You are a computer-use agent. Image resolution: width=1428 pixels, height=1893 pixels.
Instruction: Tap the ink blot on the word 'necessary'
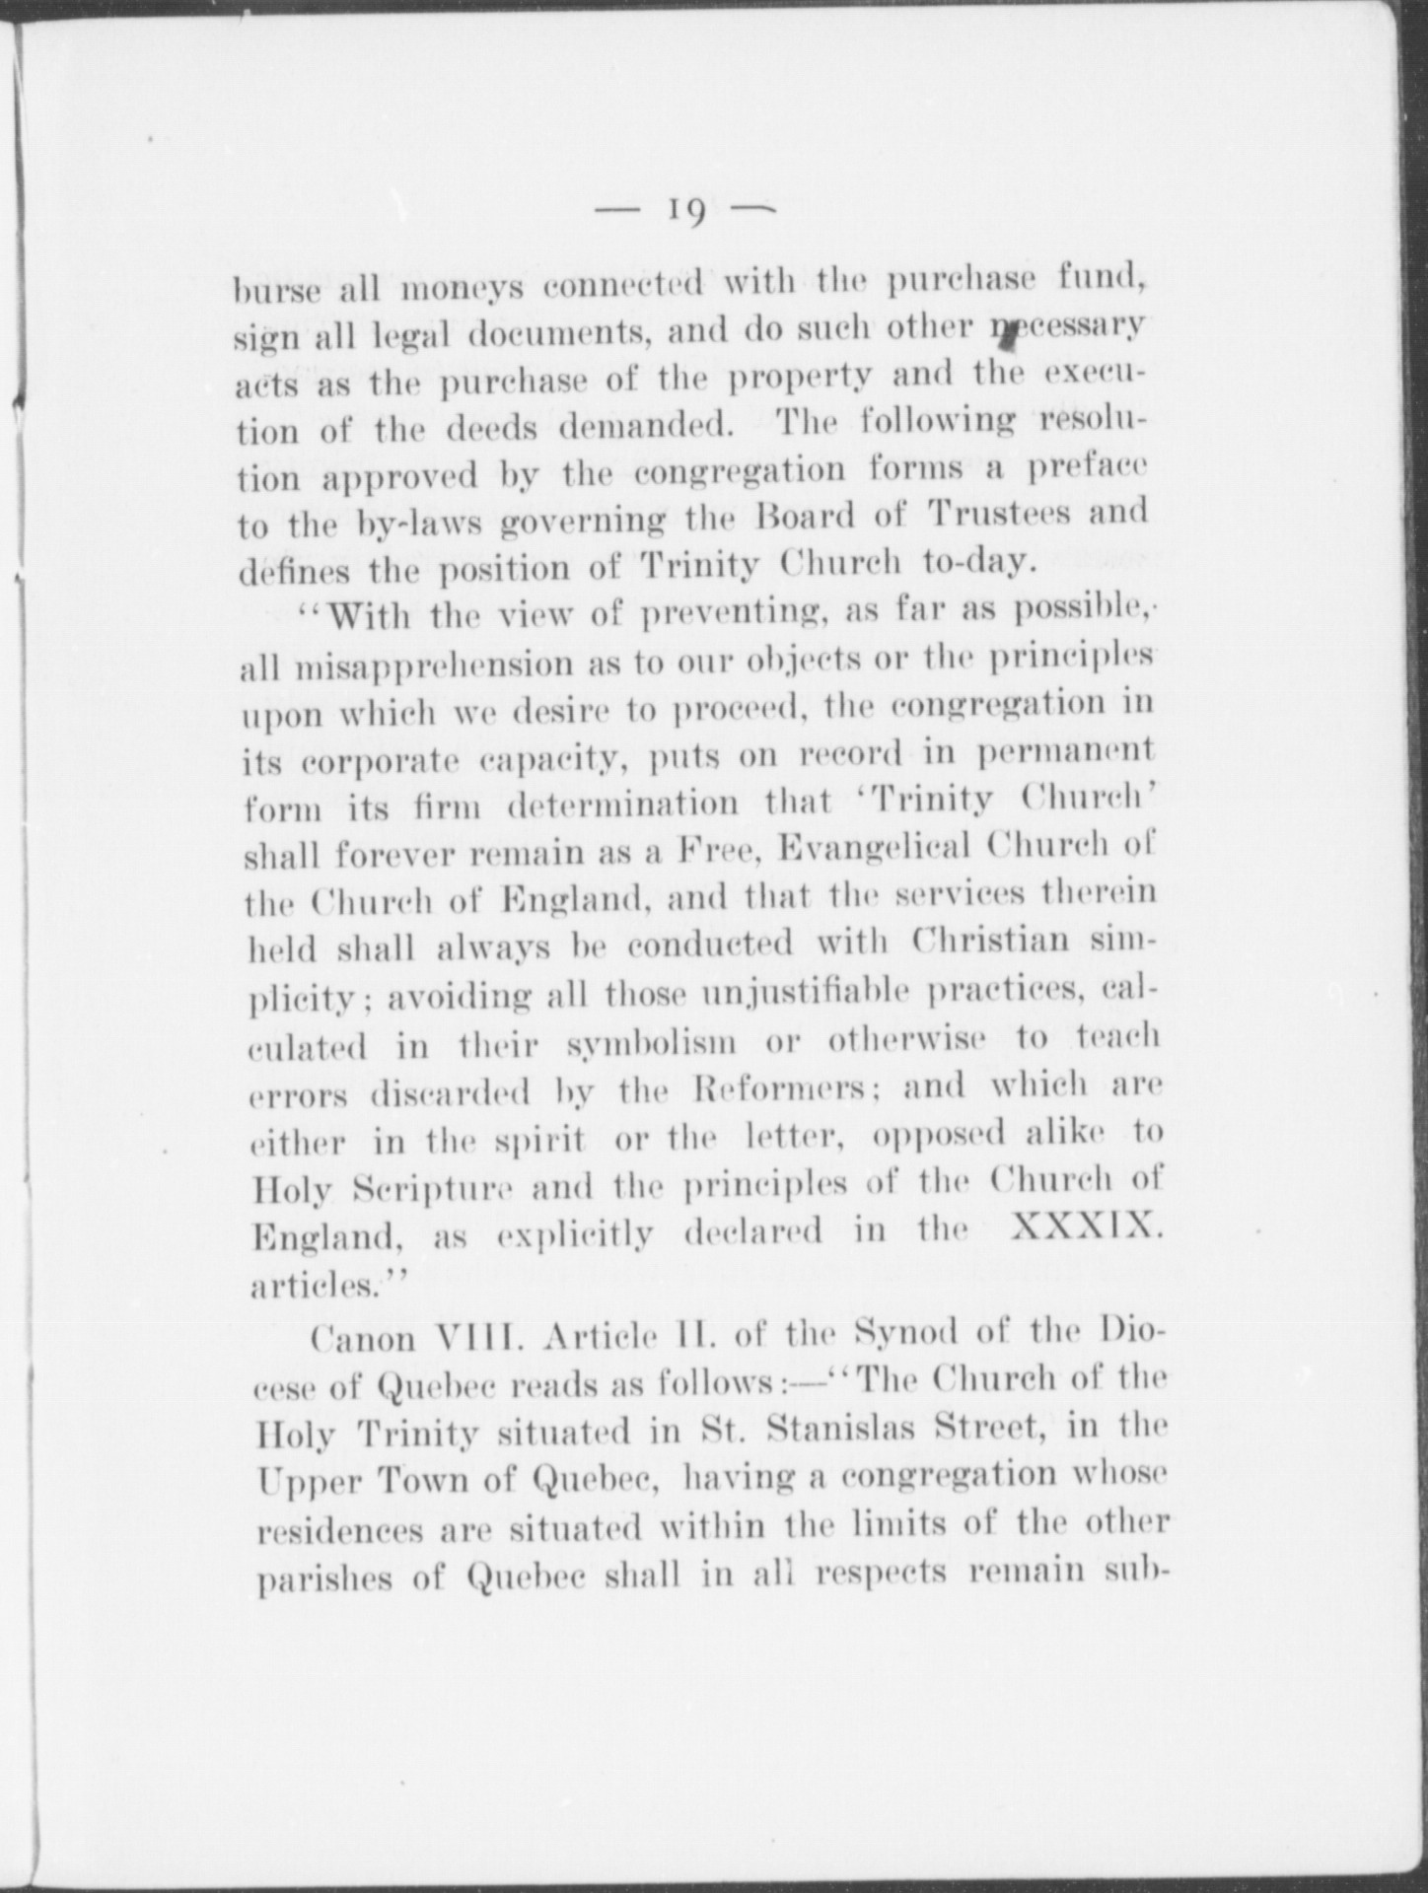tap(1008, 336)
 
